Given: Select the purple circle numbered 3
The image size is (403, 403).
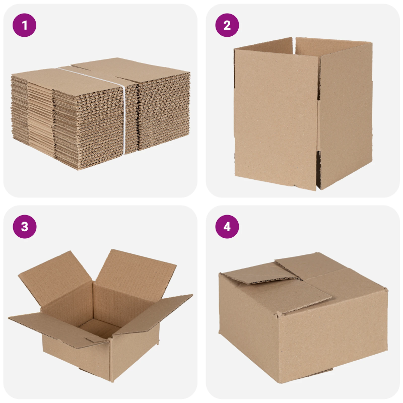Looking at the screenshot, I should [x=25, y=227].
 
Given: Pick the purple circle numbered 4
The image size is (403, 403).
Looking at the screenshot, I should [x=227, y=227].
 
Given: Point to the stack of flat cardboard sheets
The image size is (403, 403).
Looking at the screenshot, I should [x=96, y=116].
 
